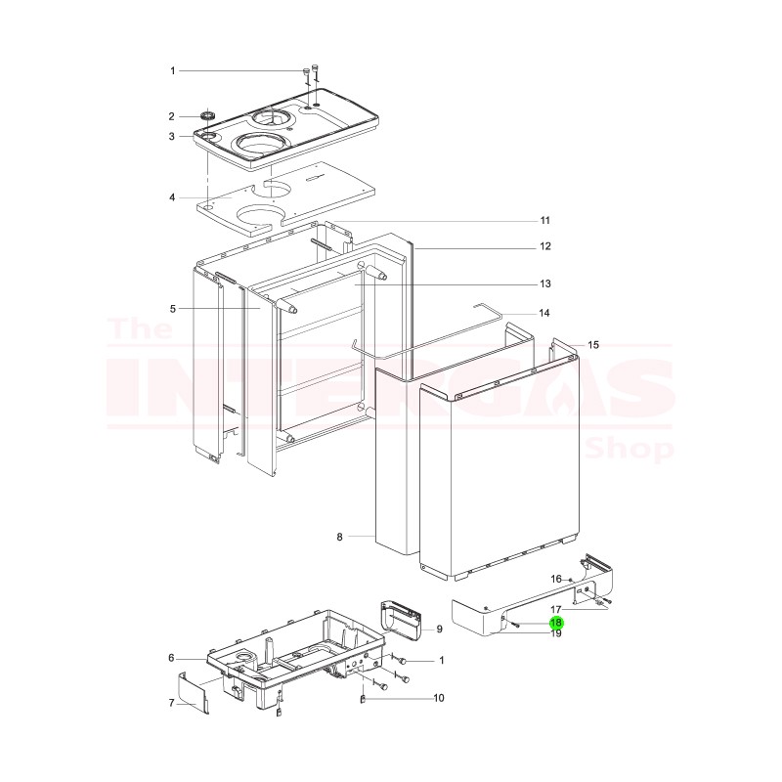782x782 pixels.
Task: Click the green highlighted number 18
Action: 555,622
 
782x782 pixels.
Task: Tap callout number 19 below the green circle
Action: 555,633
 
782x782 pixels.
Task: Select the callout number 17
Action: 555,609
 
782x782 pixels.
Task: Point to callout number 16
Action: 555,579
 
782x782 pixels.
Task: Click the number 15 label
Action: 593,345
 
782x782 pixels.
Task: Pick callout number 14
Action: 545,313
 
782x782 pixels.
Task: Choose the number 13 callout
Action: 545,283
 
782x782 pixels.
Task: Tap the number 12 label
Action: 545,245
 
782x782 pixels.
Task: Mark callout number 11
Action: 545,219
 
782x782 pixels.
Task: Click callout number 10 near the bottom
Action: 439,698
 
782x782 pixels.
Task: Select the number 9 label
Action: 440,630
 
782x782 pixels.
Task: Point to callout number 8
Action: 339,537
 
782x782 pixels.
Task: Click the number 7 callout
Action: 172,702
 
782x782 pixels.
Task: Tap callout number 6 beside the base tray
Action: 172,657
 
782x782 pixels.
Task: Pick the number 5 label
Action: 172,309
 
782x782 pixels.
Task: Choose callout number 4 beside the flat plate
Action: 172,197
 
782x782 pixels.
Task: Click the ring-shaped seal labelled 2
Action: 207,117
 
